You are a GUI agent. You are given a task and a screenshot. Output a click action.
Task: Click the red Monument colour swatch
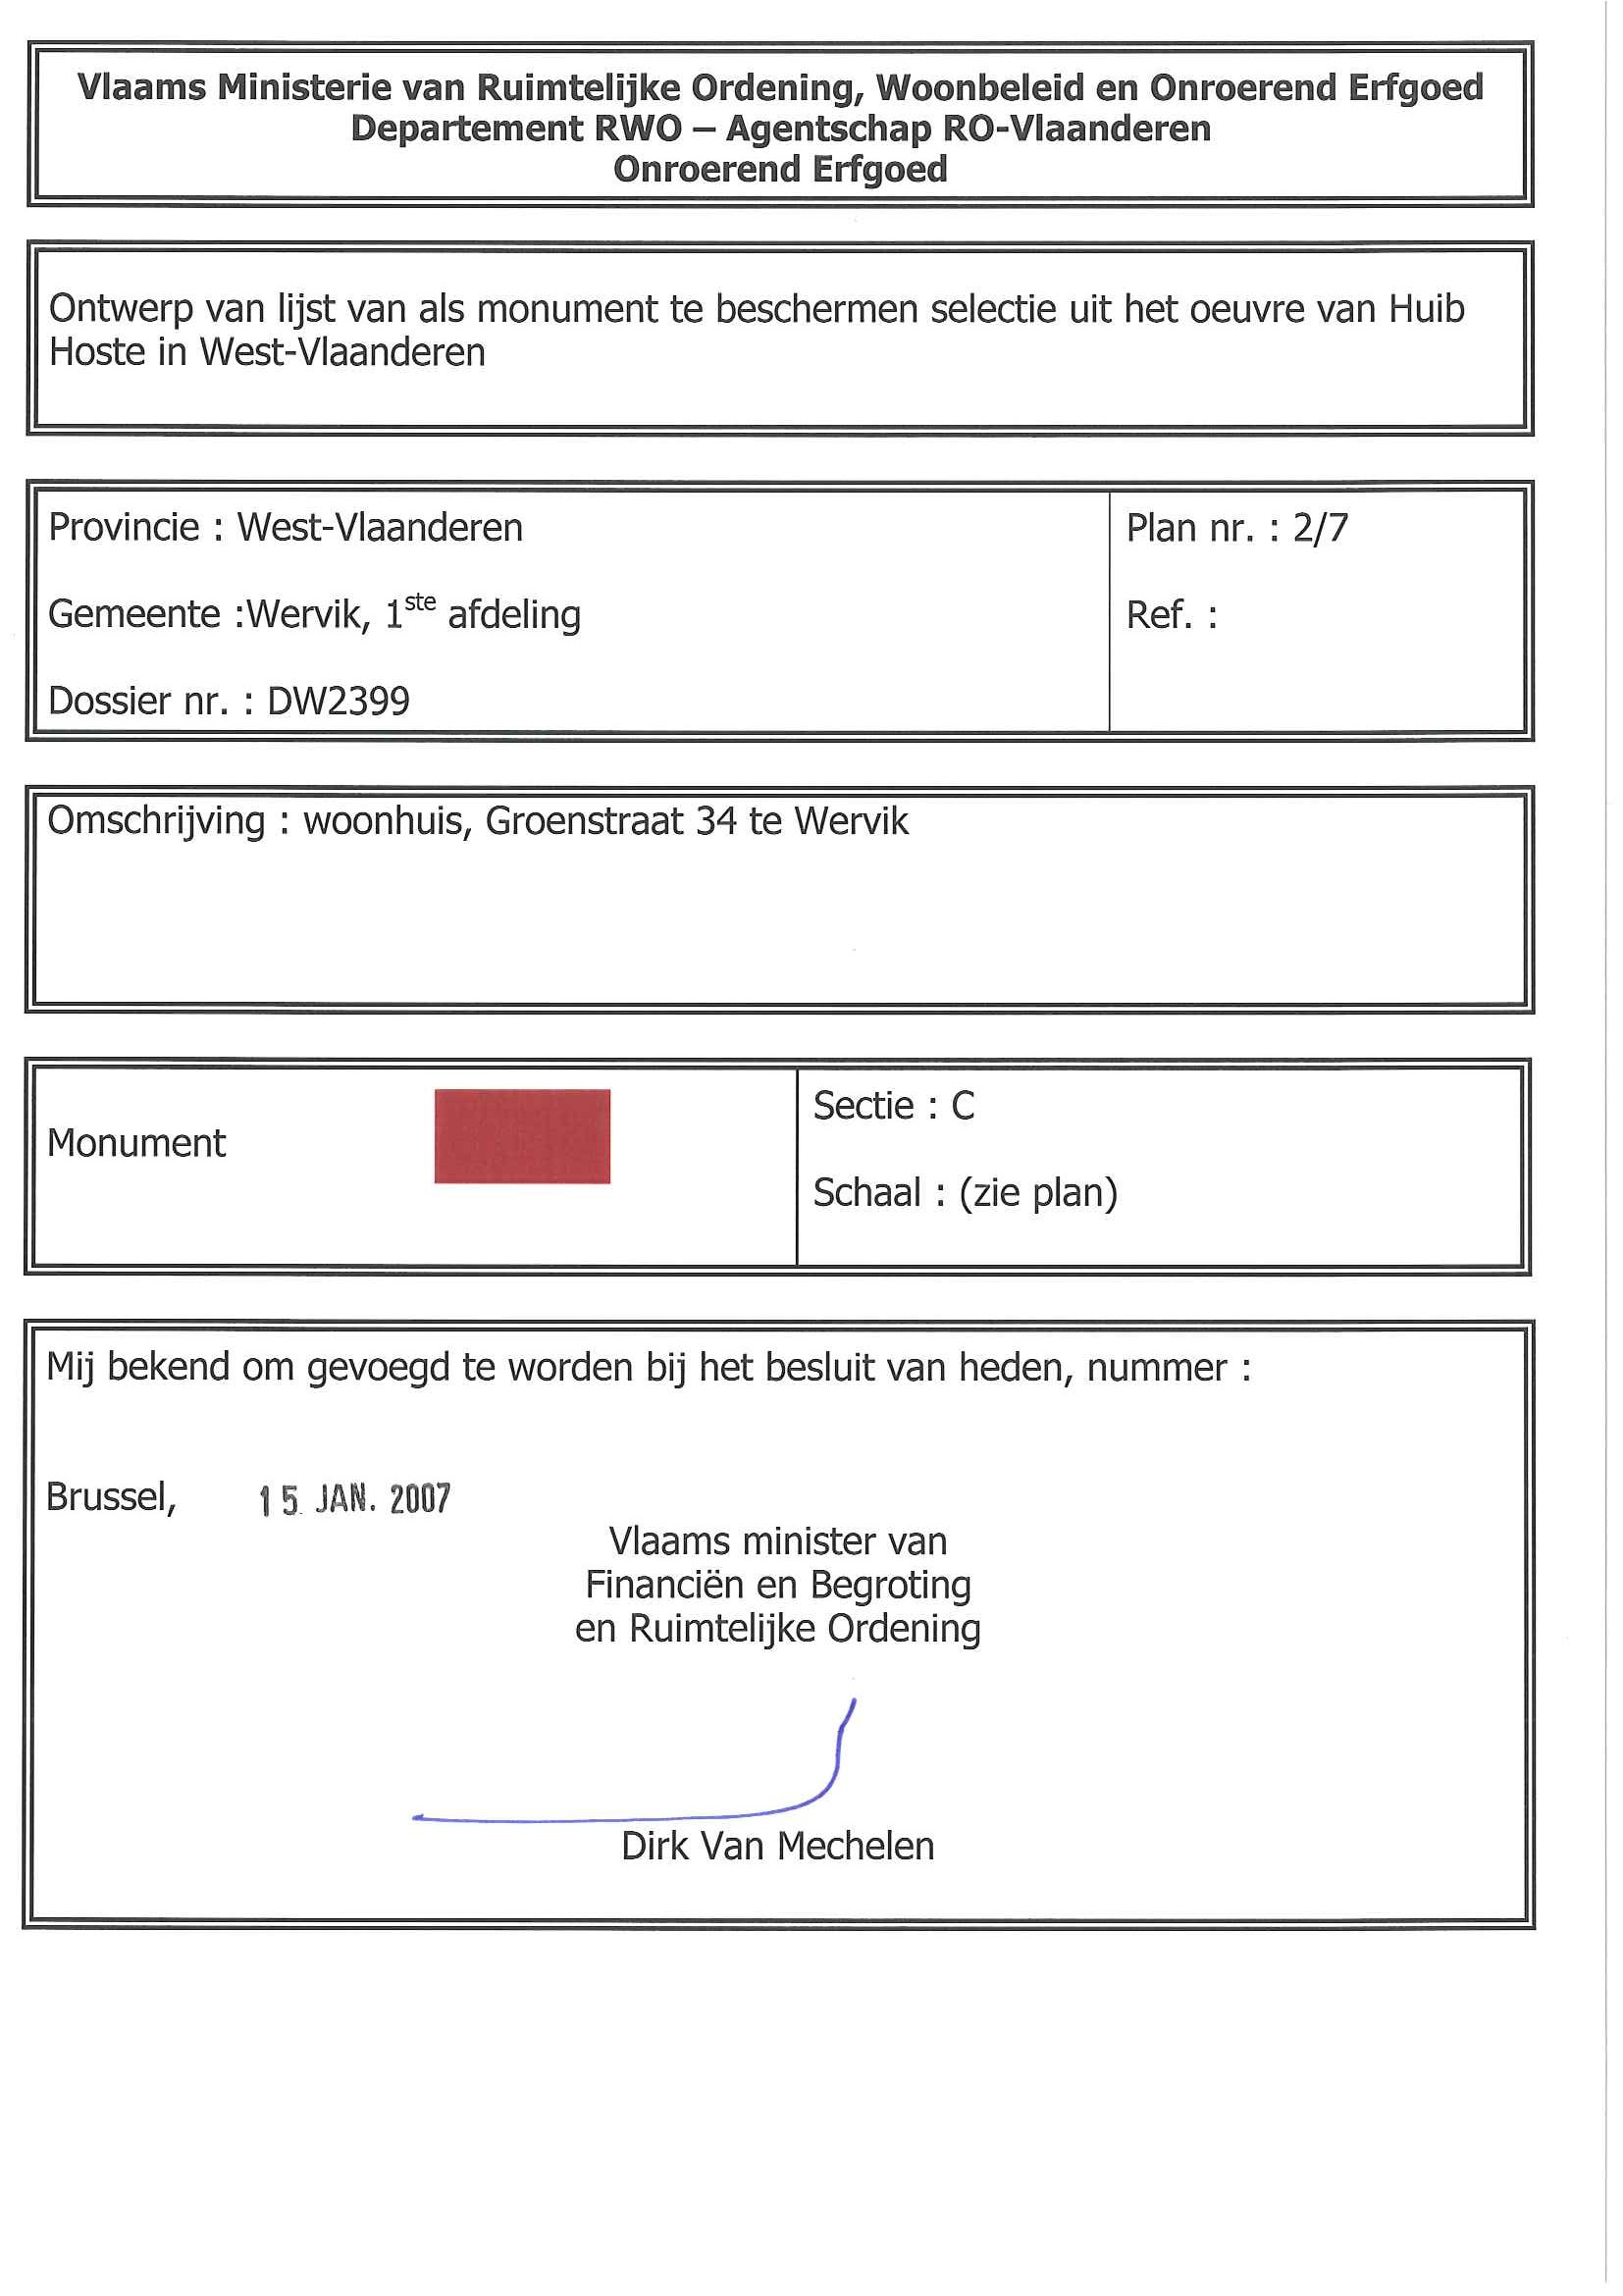pyautogui.click(x=522, y=1136)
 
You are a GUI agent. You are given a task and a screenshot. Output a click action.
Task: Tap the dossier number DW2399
pyautogui.click(x=338, y=701)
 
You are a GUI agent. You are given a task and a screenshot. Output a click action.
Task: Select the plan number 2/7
pyautogui.click(x=1320, y=528)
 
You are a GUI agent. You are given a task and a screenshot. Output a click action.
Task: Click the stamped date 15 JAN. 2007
pyautogui.click(x=354, y=1499)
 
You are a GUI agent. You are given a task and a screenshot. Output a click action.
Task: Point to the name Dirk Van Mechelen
pyautogui.click(x=777, y=1846)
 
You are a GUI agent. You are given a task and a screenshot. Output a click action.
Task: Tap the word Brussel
pyautogui.click(x=111, y=1497)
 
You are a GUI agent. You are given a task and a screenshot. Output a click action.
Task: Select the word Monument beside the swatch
pyautogui.click(x=136, y=1143)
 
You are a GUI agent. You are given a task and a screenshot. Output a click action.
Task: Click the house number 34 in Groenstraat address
pyautogui.click(x=716, y=821)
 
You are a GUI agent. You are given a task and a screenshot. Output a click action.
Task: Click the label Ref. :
pyautogui.click(x=1171, y=615)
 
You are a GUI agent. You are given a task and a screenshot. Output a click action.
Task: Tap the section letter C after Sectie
pyautogui.click(x=962, y=1106)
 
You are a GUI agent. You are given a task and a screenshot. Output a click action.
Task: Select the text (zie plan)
pyautogui.click(x=1037, y=1193)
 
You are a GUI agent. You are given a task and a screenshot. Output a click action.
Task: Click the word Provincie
pyautogui.click(x=124, y=528)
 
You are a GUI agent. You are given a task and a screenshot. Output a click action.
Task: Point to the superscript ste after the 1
pyautogui.click(x=420, y=602)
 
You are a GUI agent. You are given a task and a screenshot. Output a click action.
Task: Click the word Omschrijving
pyautogui.click(x=156, y=821)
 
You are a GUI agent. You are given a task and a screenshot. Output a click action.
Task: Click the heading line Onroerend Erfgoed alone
pyautogui.click(x=780, y=169)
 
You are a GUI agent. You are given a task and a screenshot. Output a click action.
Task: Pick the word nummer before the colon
pyautogui.click(x=1156, y=1368)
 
